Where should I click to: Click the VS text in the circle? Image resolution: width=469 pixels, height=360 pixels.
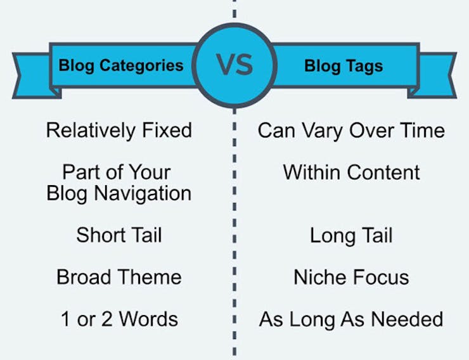tap(234, 65)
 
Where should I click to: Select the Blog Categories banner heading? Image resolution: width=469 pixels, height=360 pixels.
tap(121, 65)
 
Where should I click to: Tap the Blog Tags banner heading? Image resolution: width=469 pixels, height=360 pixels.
tap(344, 66)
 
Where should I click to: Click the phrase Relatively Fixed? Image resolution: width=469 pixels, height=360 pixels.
tap(119, 131)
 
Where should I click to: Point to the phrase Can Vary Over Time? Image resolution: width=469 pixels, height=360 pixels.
tap(352, 131)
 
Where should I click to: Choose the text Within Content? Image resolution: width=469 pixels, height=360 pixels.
tap(352, 172)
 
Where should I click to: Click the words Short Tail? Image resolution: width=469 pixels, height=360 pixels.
tap(119, 235)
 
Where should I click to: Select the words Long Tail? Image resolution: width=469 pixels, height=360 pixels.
tap(351, 236)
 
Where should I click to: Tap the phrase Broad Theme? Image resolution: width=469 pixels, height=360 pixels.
tap(119, 277)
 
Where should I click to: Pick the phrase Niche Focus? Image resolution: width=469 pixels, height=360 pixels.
tap(352, 277)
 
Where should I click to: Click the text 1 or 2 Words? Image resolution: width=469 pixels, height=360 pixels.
tap(119, 319)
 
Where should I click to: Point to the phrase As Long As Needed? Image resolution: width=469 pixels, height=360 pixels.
tap(351, 319)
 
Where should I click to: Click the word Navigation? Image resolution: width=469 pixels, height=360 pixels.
tap(143, 194)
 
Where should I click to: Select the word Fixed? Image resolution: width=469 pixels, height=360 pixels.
tap(167, 130)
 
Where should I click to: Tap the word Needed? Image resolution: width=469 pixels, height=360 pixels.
tap(407, 319)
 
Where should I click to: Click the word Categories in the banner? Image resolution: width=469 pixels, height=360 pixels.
tap(141, 65)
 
